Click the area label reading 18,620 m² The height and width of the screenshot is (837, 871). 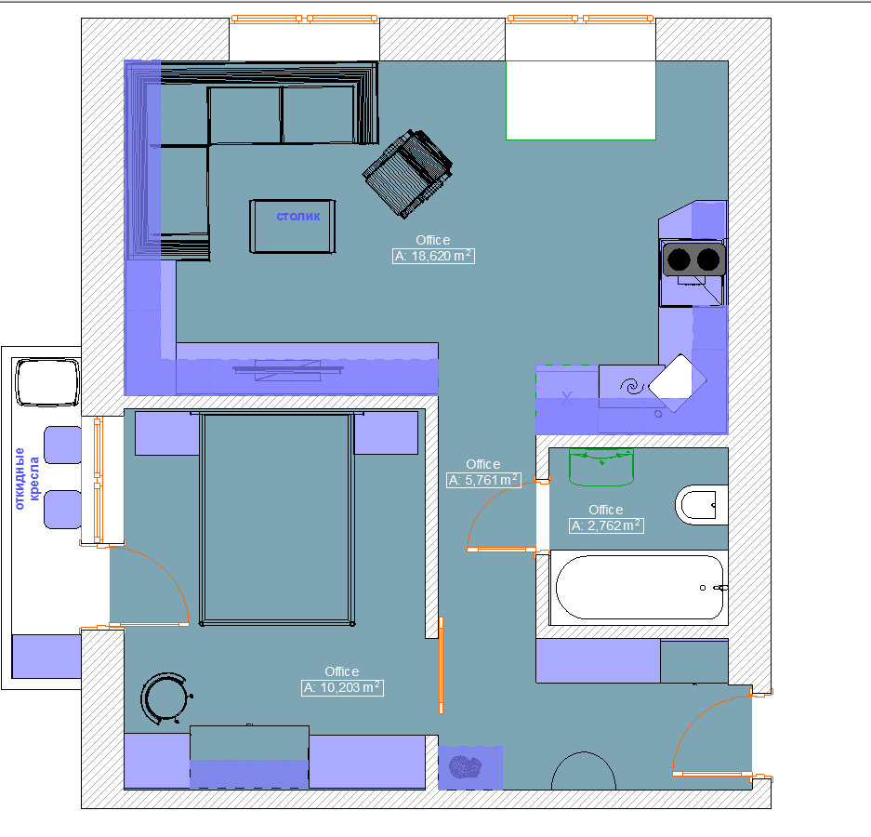pyautogui.click(x=433, y=256)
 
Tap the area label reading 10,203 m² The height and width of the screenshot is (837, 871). pyautogui.click(x=342, y=687)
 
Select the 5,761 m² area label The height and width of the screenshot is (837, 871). pyautogui.click(x=483, y=480)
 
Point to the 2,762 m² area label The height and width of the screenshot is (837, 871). pyautogui.click(x=607, y=525)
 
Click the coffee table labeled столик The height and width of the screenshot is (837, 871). pyautogui.click(x=293, y=226)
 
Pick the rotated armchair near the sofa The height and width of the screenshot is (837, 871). pyautogui.click(x=408, y=174)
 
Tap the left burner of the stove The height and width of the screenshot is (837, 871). pyautogui.click(x=679, y=259)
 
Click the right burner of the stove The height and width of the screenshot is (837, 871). pyautogui.click(x=708, y=259)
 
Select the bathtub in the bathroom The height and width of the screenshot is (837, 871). pyautogui.click(x=640, y=588)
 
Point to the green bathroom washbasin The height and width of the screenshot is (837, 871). pyautogui.click(x=601, y=468)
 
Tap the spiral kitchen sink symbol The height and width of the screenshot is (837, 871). pyautogui.click(x=631, y=386)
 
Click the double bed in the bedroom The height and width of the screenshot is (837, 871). pyautogui.click(x=277, y=518)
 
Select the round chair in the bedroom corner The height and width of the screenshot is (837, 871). pyautogui.click(x=165, y=698)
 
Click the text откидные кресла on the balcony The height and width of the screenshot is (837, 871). pyautogui.click(x=27, y=479)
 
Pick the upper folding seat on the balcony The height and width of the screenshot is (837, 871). pyautogui.click(x=63, y=445)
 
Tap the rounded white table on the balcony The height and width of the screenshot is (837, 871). pyautogui.click(x=47, y=382)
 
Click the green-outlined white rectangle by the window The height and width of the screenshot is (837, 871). pyautogui.click(x=580, y=100)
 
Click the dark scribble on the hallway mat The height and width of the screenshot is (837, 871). pyautogui.click(x=465, y=767)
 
